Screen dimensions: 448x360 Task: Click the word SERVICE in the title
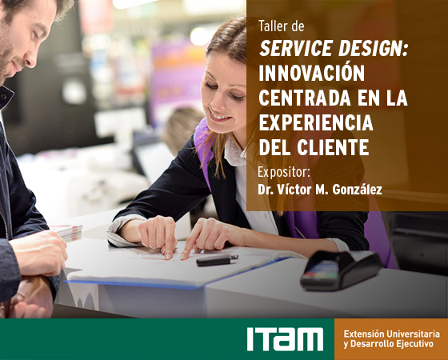(x=296, y=48)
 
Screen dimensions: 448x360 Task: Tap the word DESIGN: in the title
(x=373, y=48)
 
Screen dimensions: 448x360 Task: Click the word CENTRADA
(x=305, y=98)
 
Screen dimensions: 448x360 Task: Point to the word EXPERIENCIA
(x=316, y=122)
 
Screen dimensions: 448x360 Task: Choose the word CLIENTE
(x=333, y=147)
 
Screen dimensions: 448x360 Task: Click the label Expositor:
(x=284, y=173)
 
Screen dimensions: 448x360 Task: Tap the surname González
(x=357, y=189)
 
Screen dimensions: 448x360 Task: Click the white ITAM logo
(x=285, y=339)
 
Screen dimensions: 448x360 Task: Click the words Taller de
(x=281, y=26)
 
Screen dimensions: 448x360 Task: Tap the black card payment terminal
(x=341, y=270)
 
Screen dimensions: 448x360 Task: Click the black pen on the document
(x=217, y=260)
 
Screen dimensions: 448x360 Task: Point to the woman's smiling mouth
(x=219, y=115)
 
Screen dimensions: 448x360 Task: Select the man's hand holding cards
(x=40, y=253)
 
